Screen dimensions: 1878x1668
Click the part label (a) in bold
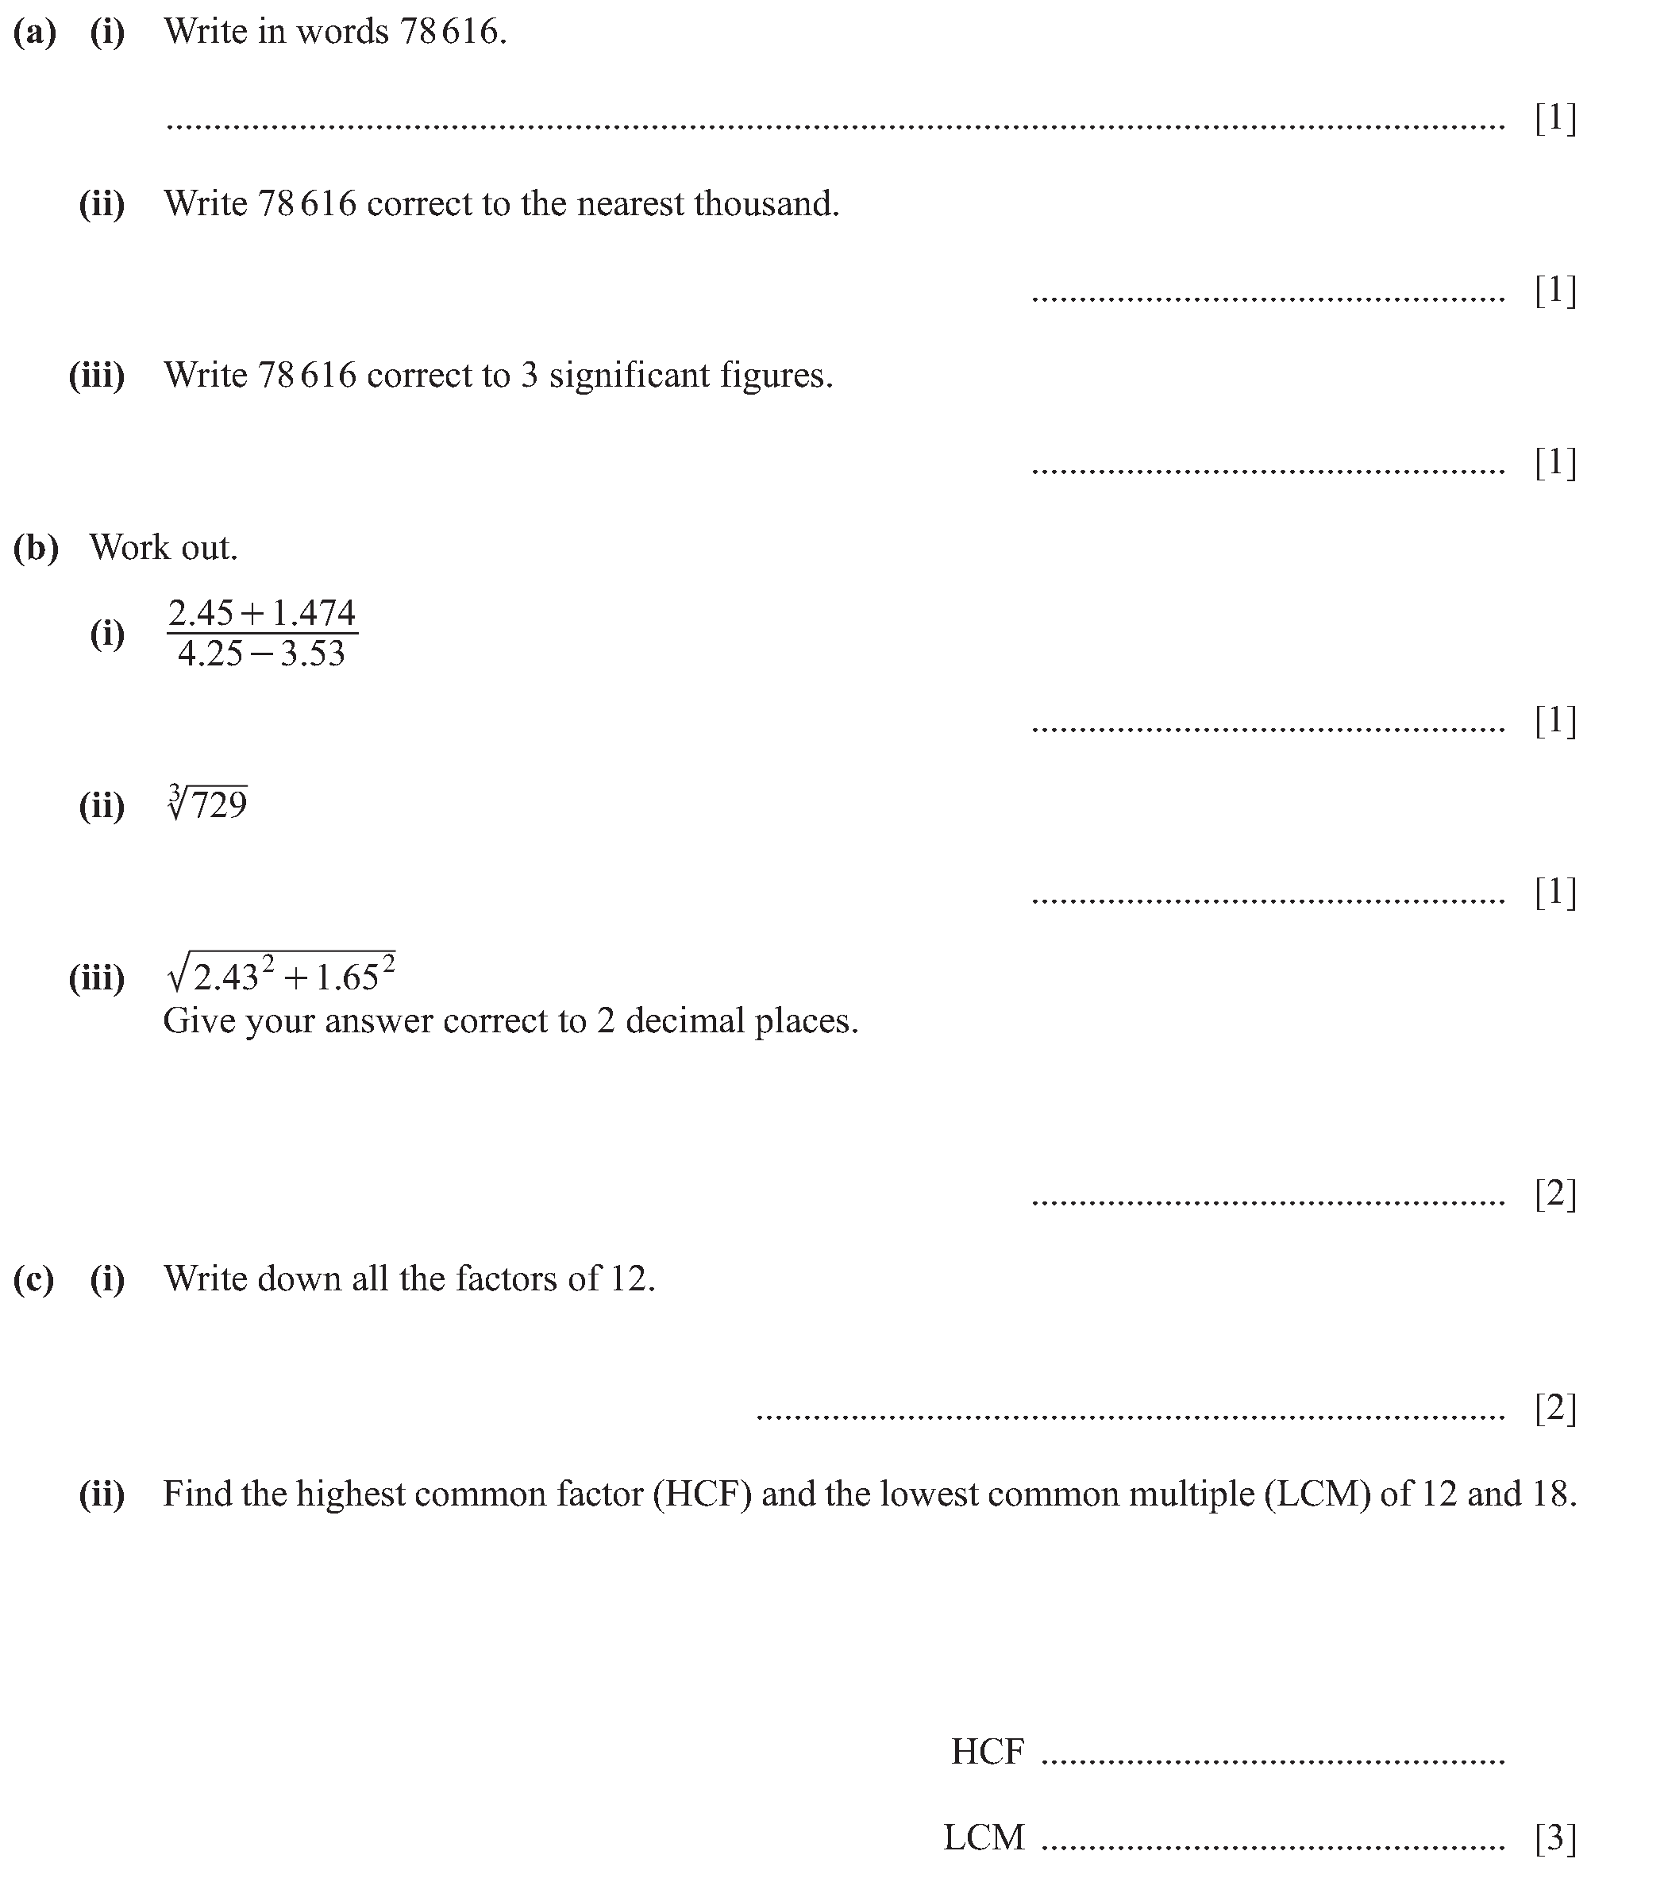click(x=35, y=32)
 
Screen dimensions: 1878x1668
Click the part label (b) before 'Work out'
click(x=36, y=548)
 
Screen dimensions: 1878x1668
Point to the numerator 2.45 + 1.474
click(x=262, y=613)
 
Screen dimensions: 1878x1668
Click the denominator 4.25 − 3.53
click(x=262, y=654)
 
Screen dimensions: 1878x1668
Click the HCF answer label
click(x=988, y=1752)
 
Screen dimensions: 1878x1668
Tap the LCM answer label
click(x=984, y=1838)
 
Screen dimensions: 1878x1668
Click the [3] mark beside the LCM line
click(x=1556, y=1838)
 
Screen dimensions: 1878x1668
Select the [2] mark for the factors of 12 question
click(x=1556, y=1408)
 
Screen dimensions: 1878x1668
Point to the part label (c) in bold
click(x=34, y=1279)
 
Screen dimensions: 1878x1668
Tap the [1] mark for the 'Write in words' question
click(x=1556, y=118)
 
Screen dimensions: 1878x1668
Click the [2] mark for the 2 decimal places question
click(x=1556, y=1194)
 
